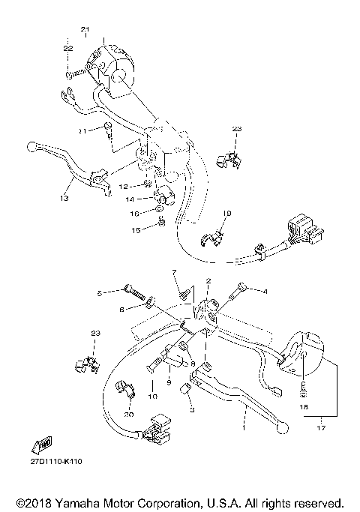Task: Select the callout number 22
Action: (x=68, y=48)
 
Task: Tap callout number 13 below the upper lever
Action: (x=64, y=199)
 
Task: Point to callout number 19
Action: (x=228, y=214)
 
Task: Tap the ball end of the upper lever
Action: (x=31, y=145)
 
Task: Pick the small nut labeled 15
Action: (x=162, y=224)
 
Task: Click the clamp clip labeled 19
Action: (x=214, y=238)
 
